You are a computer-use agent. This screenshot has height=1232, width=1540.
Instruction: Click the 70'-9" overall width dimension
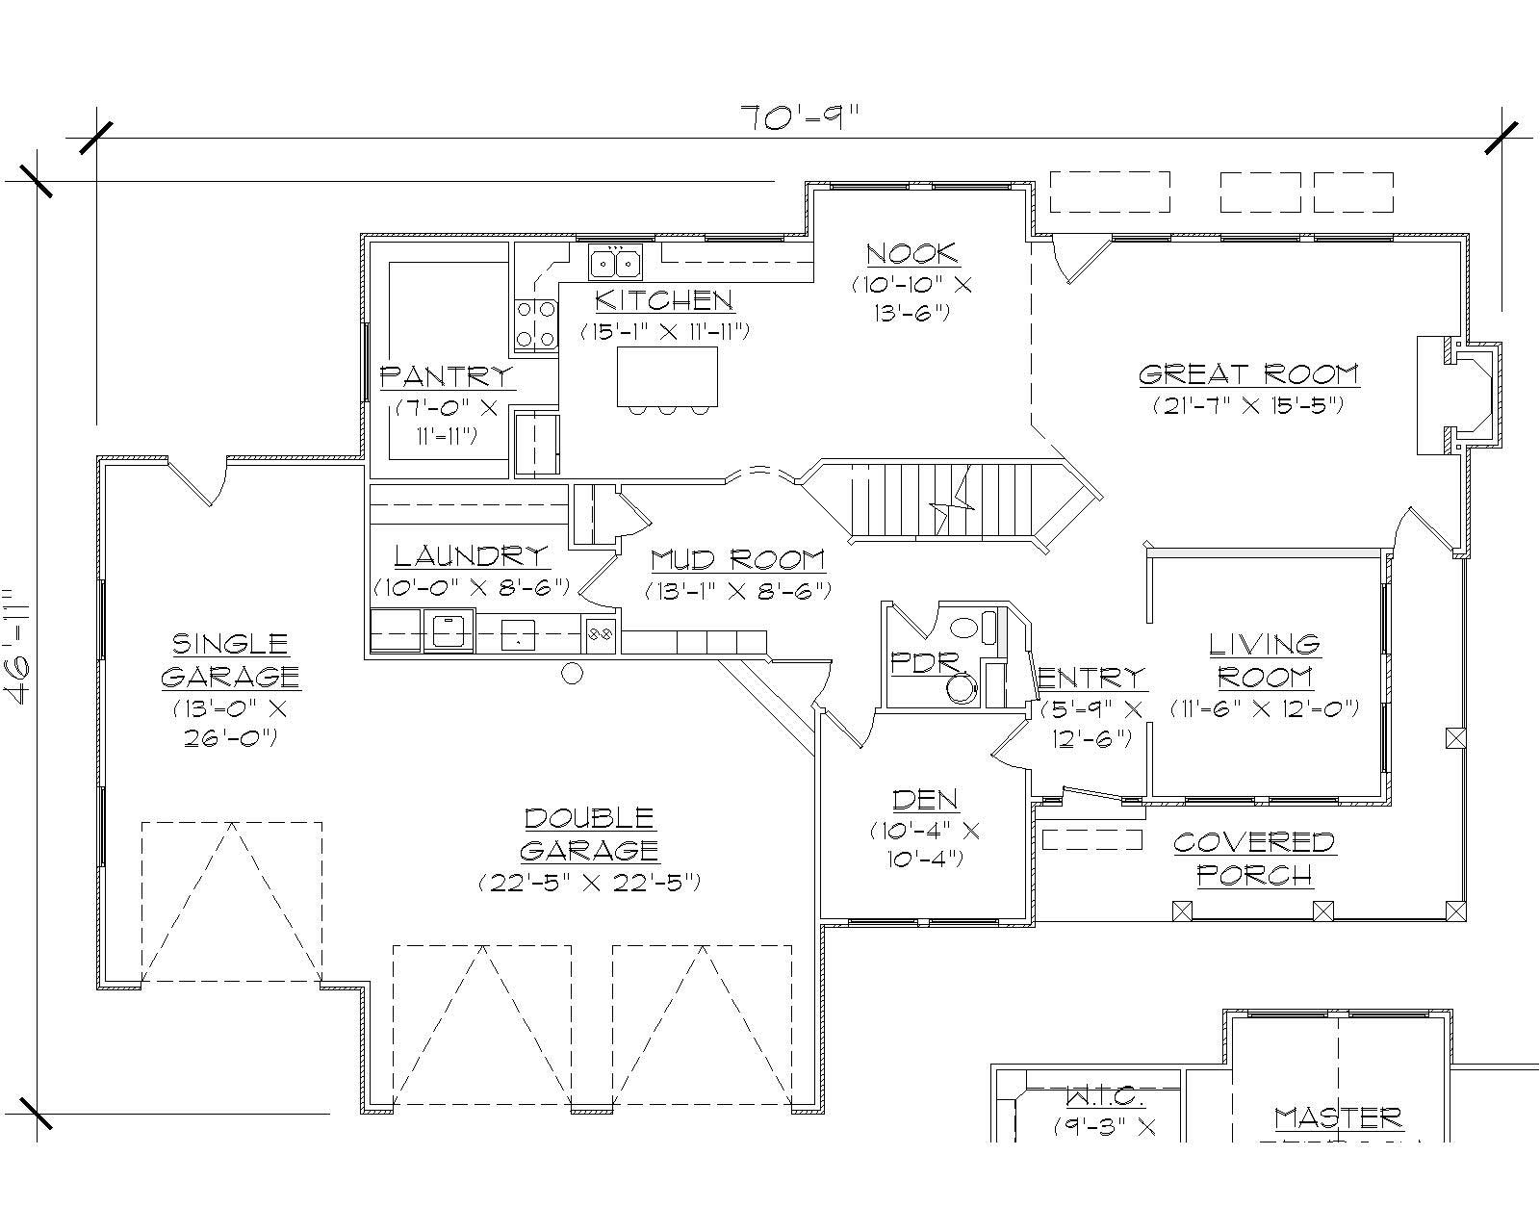click(798, 118)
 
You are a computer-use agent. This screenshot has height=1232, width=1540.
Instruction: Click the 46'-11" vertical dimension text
click(21, 648)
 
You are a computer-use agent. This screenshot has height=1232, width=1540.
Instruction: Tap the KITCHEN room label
click(664, 300)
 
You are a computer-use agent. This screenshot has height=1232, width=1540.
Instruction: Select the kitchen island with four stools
click(667, 377)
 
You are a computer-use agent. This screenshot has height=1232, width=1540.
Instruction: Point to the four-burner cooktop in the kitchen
click(537, 323)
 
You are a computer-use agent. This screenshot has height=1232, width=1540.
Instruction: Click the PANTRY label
click(447, 375)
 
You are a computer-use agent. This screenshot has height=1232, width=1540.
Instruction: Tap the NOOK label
click(911, 254)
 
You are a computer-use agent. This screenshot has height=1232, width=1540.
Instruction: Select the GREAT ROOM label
click(1248, 373)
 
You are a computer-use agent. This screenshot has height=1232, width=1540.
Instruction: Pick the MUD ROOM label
click(737, 559)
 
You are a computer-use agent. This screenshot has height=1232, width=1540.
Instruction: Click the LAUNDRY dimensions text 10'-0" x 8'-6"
click(472, 586)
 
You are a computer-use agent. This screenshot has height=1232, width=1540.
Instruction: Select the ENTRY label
click(1092, 677)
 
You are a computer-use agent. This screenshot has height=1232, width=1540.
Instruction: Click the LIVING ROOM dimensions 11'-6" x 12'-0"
click(1265, 708)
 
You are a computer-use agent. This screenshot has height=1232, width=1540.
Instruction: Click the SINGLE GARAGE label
click(230, 659)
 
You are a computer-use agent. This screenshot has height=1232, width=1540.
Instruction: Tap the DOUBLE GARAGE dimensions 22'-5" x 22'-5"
click(589, 882)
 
